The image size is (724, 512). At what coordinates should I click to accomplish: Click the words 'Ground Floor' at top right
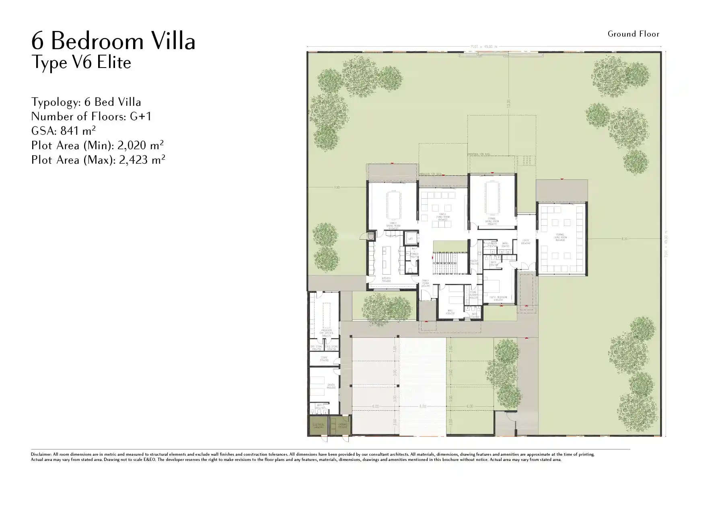633,34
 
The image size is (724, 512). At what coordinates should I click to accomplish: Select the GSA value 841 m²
78,131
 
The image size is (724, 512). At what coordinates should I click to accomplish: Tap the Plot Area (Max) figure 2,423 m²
142,160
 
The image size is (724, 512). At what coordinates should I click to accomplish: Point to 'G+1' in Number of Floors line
140,116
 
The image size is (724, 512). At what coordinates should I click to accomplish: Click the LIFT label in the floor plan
411,239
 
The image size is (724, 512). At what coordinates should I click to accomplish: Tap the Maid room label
450,312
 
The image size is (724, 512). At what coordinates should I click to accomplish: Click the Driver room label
331,386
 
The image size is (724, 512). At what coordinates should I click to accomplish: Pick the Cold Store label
331,347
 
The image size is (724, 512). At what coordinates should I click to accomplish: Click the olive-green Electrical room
318,426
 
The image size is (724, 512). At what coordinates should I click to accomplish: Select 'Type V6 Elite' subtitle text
81,63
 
